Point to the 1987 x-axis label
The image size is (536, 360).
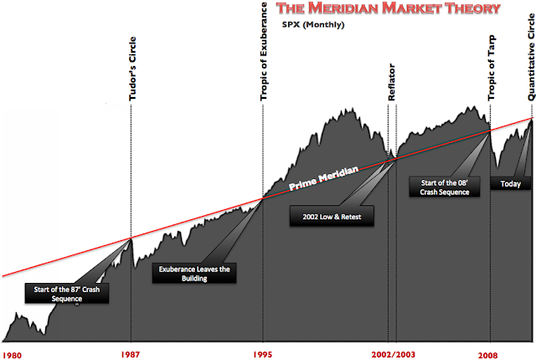pyautogui.click(x=130, y=354)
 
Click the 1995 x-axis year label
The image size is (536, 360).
pyautogui.click(x=263, y=354)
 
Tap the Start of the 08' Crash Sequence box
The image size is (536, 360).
pyautogui.click(x=446, y=186)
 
